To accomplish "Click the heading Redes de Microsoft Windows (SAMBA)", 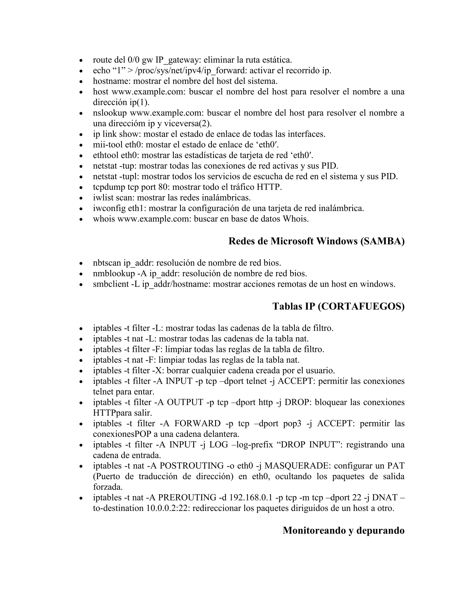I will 316,241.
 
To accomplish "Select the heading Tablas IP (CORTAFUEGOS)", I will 338,306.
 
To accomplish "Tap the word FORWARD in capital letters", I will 197,424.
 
